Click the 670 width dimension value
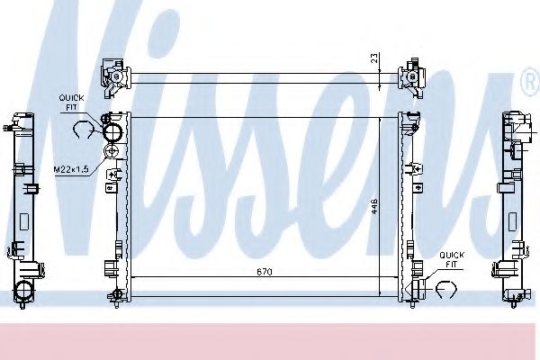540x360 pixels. (263, 271)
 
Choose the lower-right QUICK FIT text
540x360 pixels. (452, 259)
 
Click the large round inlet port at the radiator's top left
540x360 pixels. (113, 133)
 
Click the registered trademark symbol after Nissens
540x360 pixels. (529, 85)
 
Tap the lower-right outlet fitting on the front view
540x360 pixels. (417, 287)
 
